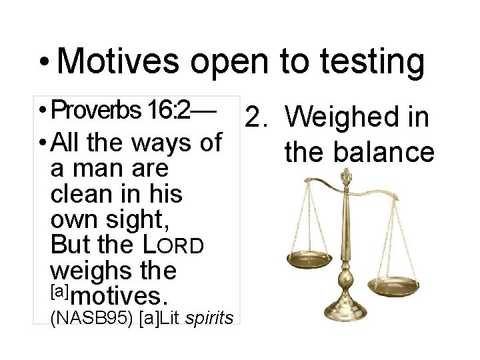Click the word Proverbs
click(93, 109)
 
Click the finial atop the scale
click(346, 177)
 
